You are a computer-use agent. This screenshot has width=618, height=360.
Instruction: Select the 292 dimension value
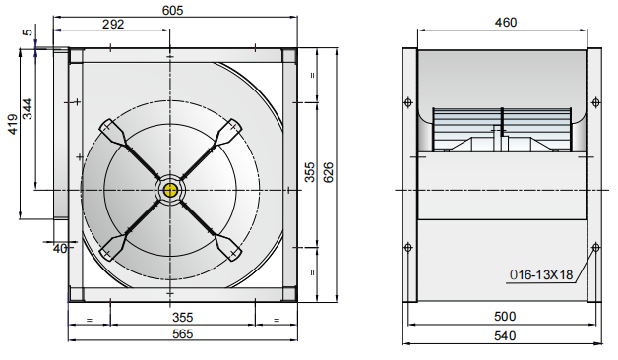click(113, 26)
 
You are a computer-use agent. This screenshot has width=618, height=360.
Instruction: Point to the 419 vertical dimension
click(13, 123)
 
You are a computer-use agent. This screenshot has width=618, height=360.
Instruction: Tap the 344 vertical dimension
click(29, 108)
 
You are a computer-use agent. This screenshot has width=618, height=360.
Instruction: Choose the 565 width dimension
click(182, 334)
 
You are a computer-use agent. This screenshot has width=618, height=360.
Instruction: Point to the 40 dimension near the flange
click(59, 249)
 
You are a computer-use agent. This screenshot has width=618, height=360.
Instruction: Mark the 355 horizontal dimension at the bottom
click(182, 317)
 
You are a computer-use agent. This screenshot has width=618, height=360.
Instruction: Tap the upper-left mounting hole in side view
click(409, 100)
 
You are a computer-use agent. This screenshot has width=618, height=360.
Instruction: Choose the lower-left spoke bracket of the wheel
click(113, 244)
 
